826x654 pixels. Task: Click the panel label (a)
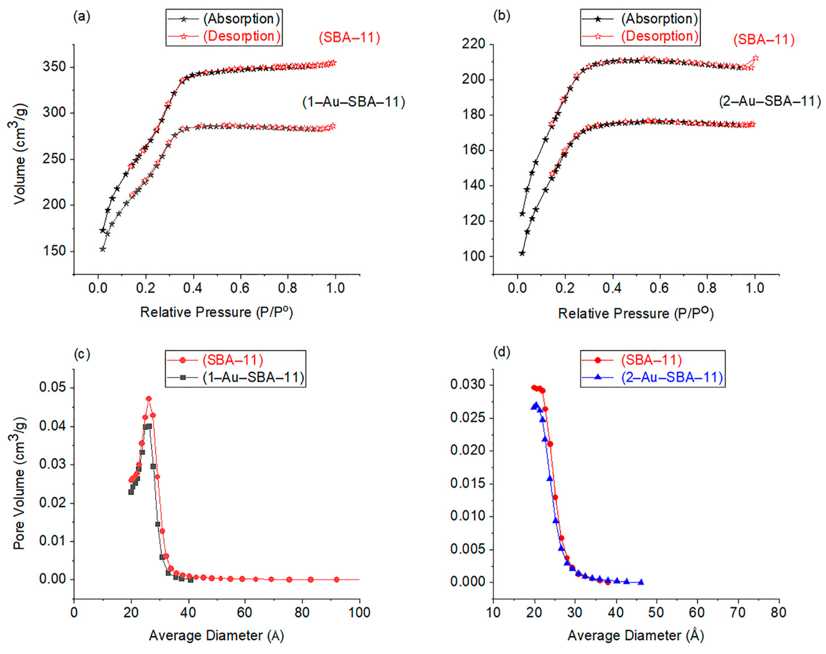coord(82,17)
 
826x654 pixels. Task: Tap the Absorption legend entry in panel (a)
coord(241,19)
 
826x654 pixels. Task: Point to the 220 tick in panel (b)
coord(474,44)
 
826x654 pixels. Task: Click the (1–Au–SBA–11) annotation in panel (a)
coord(353,102)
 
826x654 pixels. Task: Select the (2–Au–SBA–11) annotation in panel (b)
coord(770,101)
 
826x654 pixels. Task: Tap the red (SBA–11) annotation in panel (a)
coord(349,38)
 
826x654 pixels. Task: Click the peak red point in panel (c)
coord(149,399)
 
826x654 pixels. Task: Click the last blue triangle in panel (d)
coord(641,582)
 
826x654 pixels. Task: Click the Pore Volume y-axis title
coord(19,483)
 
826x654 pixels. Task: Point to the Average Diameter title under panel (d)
coord(635,636)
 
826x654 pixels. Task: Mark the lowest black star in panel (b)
coord(522,253)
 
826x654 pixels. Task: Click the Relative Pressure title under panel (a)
coord(216,312)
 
